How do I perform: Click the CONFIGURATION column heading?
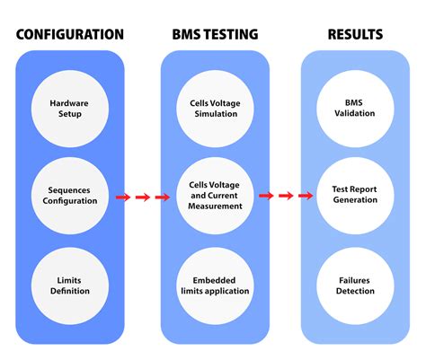point(70,35)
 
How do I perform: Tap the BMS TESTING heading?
point(214,35)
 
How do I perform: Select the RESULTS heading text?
point(354,35)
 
